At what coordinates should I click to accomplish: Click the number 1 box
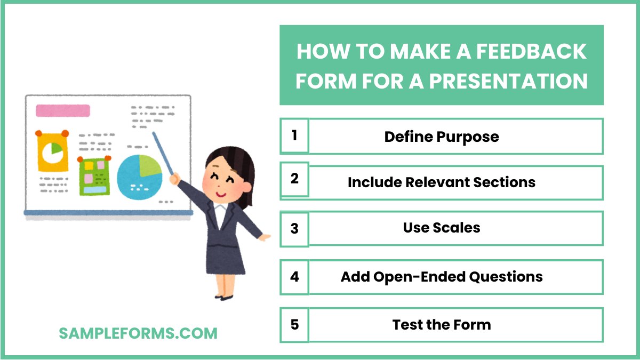tap(294, 136)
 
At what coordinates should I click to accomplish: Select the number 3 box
tap(294, 228)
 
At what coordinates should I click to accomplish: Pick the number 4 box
tap(294, 277)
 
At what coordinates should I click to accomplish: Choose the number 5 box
tap(294, 324)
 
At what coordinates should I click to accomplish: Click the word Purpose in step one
tap(468, 137)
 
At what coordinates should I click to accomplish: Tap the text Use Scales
tap(442, 228)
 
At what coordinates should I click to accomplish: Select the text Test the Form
tap(442, 324)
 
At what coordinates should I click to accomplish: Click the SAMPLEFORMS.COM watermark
tap(138, 333)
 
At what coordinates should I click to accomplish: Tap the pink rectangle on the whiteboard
tap(62, 111)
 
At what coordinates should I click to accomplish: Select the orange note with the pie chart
tap(52, 152)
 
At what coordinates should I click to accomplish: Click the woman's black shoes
tap(224, 296)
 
